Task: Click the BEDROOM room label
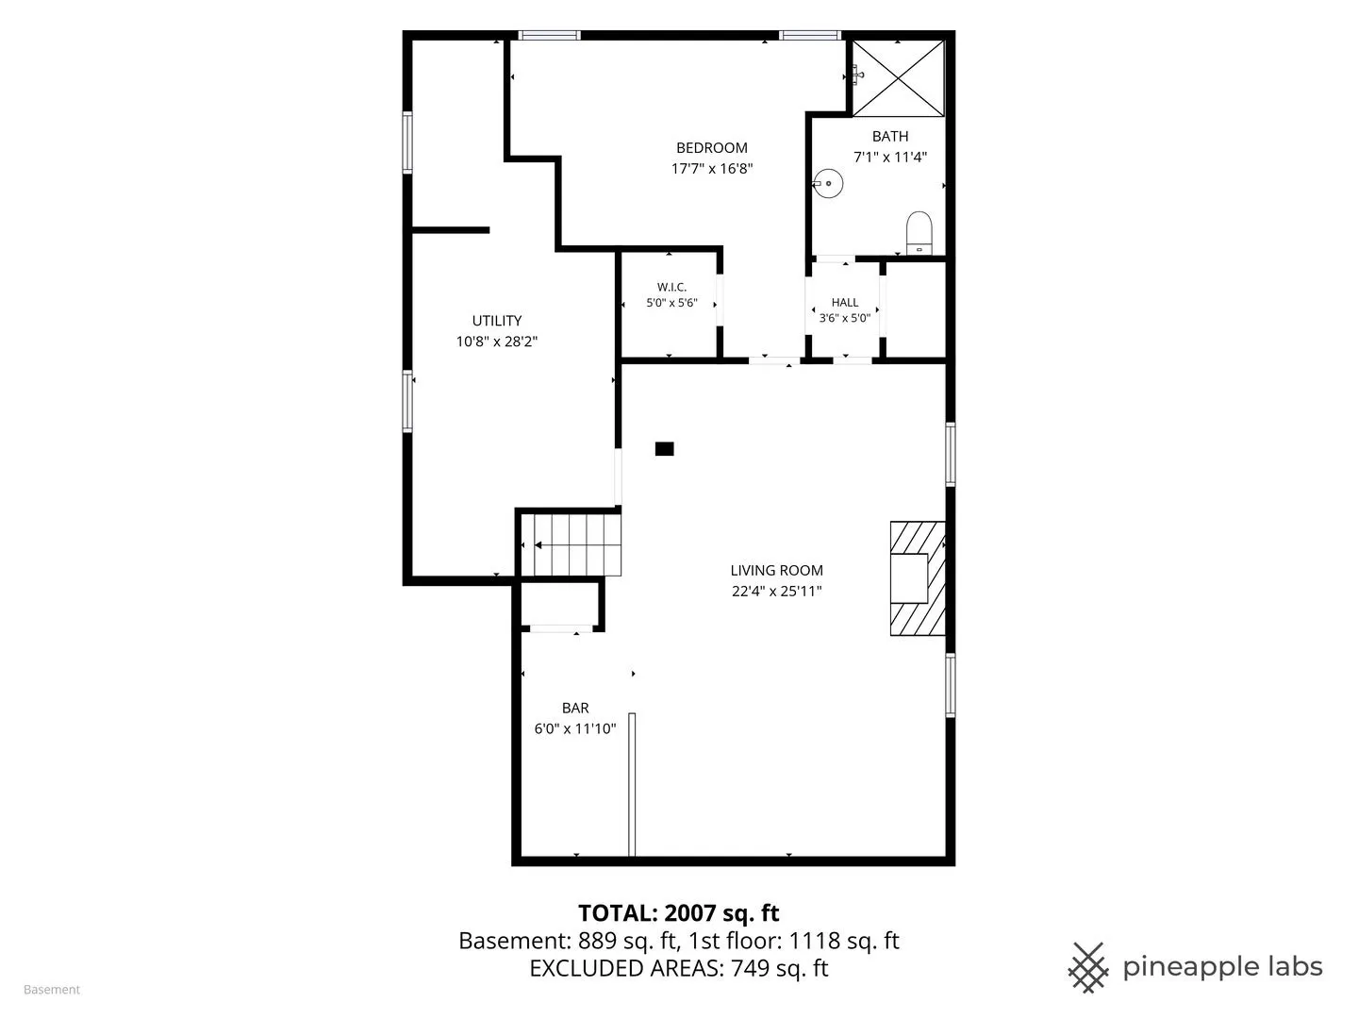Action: (711, 148)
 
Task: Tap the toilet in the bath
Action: (919, 233)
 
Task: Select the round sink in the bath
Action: (828, 183)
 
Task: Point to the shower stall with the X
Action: (899, 78)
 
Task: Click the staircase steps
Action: (571, 545)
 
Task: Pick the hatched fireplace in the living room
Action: (918, 578)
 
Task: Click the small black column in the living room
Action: (665, 448)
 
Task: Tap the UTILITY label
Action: (497, 321)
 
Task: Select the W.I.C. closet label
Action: (671, 287)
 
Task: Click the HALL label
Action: (844, 303)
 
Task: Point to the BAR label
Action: (575, 708)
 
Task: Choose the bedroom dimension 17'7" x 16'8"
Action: (712, 168)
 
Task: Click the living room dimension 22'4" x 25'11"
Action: (776, 591)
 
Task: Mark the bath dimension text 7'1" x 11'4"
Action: (890, 158)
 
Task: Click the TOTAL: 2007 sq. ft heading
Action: (679, 912)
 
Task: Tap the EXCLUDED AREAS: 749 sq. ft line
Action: (679, 968)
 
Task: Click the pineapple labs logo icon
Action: (1088, 968)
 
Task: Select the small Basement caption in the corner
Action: (52, 990)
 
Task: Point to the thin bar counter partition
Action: (632, 784)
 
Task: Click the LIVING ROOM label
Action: (776, 571)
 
